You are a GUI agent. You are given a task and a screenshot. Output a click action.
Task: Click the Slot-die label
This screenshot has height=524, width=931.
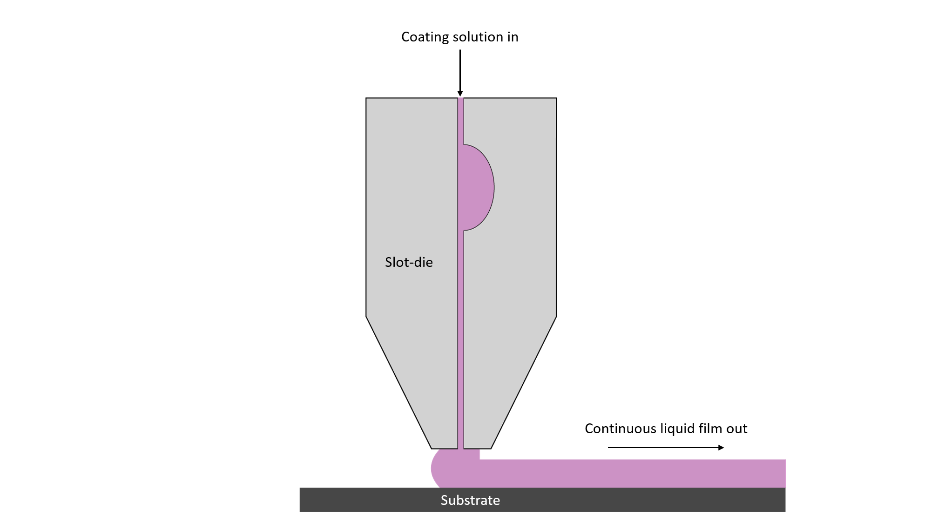[409, 262]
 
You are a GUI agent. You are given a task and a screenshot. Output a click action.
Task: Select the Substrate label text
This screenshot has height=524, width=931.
[470, 500]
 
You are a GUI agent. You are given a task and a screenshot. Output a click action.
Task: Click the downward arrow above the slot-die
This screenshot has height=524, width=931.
[460, 73]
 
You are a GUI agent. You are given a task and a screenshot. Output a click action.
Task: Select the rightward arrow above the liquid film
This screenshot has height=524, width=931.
[666, 448]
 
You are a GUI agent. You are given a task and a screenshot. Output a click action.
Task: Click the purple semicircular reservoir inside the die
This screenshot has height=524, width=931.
[477, 187]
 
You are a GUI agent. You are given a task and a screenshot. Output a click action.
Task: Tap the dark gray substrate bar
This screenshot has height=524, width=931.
[542, 500]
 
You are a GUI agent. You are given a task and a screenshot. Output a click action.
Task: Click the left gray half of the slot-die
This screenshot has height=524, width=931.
[412, 210]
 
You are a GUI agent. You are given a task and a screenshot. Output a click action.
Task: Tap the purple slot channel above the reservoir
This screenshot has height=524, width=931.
[461, 121]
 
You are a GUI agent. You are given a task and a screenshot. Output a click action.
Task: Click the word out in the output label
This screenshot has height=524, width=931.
[736, 429]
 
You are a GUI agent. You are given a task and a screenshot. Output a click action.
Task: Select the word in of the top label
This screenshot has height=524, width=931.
[513, 37]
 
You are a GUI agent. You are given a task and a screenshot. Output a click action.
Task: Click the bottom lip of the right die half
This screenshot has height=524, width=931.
[478, 448]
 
